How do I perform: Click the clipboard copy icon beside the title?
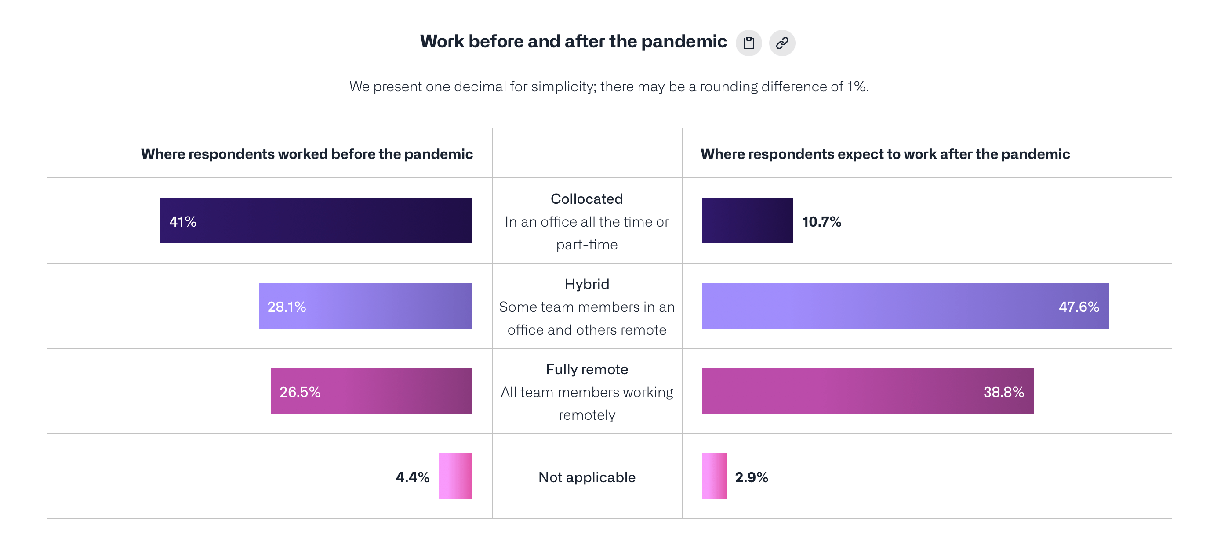(748, 43)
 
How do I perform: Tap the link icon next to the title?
(782, 43)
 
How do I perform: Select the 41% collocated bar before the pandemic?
(316, 220)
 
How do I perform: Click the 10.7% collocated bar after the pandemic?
(747, 220)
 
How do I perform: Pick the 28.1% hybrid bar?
(366, 305)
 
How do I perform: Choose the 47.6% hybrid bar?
(905, 305)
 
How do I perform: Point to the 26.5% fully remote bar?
(371, 391)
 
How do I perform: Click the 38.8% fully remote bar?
(867, 391)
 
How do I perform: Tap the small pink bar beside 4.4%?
(455, 476)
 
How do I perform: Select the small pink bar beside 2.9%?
(714, 476)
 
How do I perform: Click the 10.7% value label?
(821, 221)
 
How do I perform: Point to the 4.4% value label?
(412, 477)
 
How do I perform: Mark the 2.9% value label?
(751, 477)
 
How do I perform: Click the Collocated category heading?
(586, 199)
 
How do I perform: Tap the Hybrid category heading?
(586, 284)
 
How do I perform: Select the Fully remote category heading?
(586, 369)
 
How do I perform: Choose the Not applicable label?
(586, 477)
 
